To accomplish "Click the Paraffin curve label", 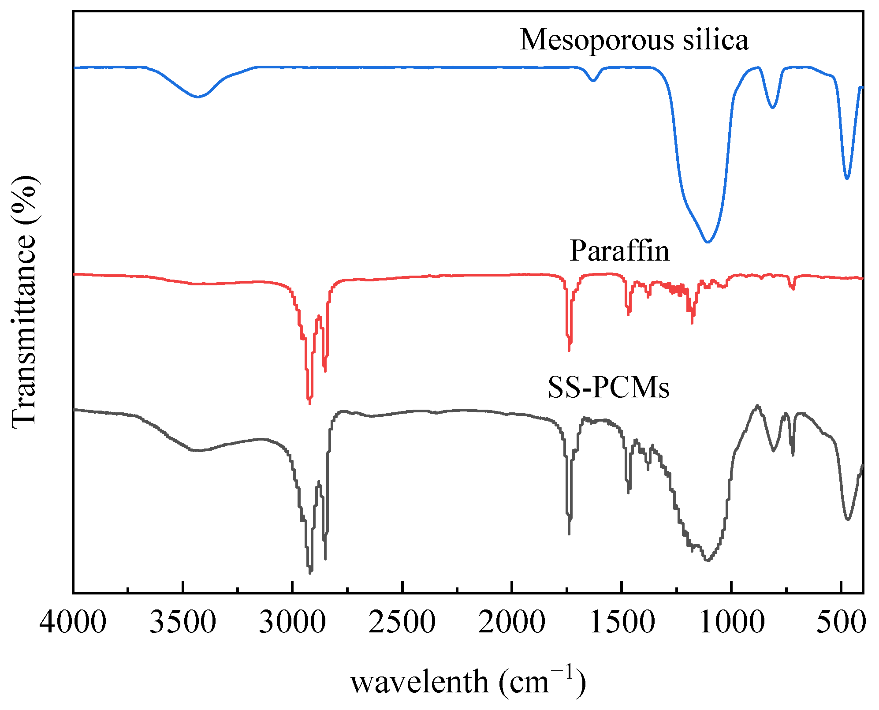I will tap(619, 251).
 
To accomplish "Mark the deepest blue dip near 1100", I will tap(708, 242).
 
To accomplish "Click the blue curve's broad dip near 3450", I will tap(197, 97).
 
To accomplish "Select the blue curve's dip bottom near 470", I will tap(847, 178).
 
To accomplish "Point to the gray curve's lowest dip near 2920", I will tap(310, 572).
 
